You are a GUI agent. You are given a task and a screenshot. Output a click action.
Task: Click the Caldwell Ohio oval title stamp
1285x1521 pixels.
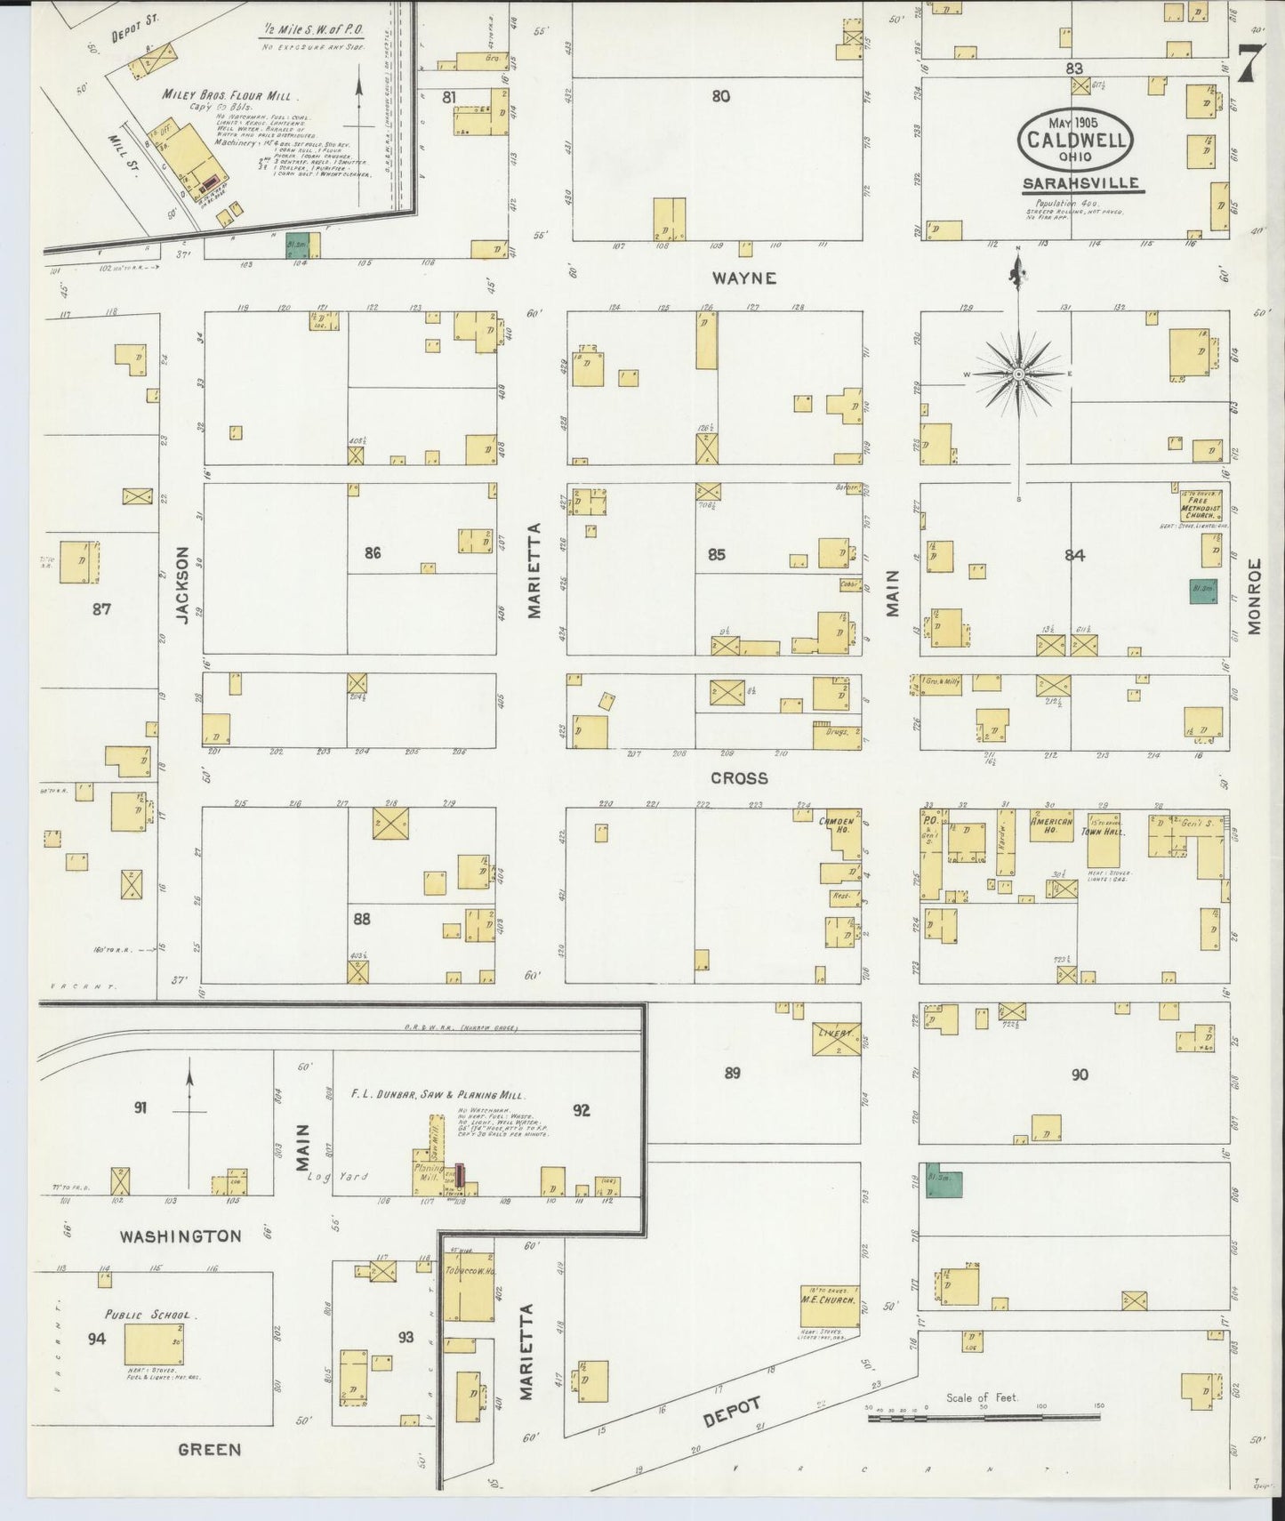point(1076,140)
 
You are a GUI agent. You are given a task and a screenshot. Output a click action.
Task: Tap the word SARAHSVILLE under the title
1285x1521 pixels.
point(1081,184)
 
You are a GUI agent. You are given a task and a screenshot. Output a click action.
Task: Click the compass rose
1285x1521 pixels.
point(1017,374)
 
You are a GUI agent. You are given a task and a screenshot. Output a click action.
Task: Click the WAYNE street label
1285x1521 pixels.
point(744,278)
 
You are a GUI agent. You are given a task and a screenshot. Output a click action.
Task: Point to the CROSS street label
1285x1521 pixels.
point(738,778)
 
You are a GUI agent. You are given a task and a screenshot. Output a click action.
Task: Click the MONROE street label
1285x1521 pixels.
point(1255,596)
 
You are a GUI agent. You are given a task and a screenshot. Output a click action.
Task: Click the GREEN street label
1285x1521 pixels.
point(210,1450)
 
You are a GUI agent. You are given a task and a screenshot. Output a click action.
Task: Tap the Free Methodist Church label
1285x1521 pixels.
point(1202,506)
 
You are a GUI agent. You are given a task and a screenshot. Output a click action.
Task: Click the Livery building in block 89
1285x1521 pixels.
point(836,1039)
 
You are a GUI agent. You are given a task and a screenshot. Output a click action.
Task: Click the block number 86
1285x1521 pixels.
point(373,552)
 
